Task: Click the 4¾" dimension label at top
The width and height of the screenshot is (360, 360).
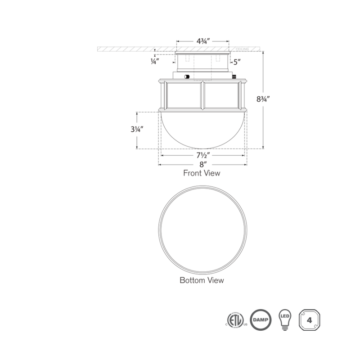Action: click(202, 40)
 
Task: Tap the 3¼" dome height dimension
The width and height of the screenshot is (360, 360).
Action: click(134, 130)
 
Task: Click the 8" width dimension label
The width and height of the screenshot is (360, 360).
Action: click(202, 164)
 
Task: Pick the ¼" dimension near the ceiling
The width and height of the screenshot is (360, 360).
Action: click(154, 62)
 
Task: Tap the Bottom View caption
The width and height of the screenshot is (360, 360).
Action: click(202, 280)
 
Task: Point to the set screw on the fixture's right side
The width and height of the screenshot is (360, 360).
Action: click(234, 76)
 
